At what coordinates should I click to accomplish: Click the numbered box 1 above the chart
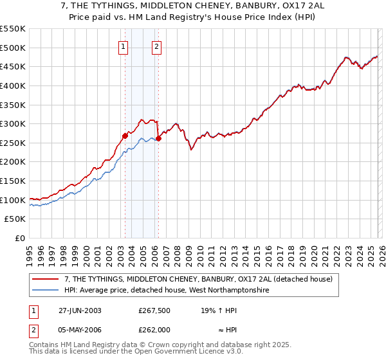pos(123,46)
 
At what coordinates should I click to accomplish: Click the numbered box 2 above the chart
pos(156,46)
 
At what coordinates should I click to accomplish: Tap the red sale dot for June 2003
pos(125,136)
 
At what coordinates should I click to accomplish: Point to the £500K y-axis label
pos(13,48)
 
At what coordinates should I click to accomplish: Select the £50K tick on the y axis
pos(15,219)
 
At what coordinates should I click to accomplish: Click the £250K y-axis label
pos(13,143)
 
